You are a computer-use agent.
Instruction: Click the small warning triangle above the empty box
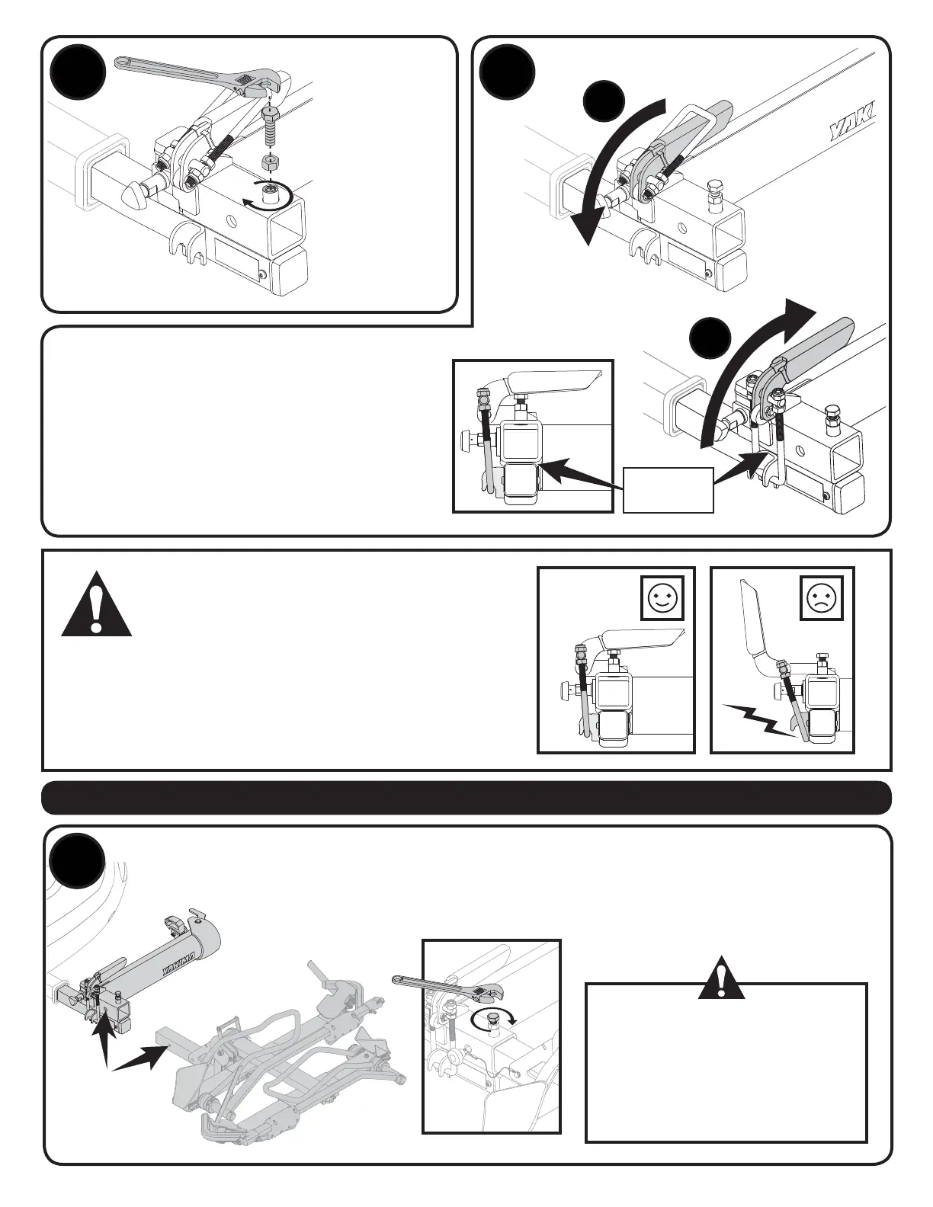click(722, 973)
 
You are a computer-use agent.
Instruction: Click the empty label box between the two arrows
click(668, 489)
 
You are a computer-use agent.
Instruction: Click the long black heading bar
click(466, 798)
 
